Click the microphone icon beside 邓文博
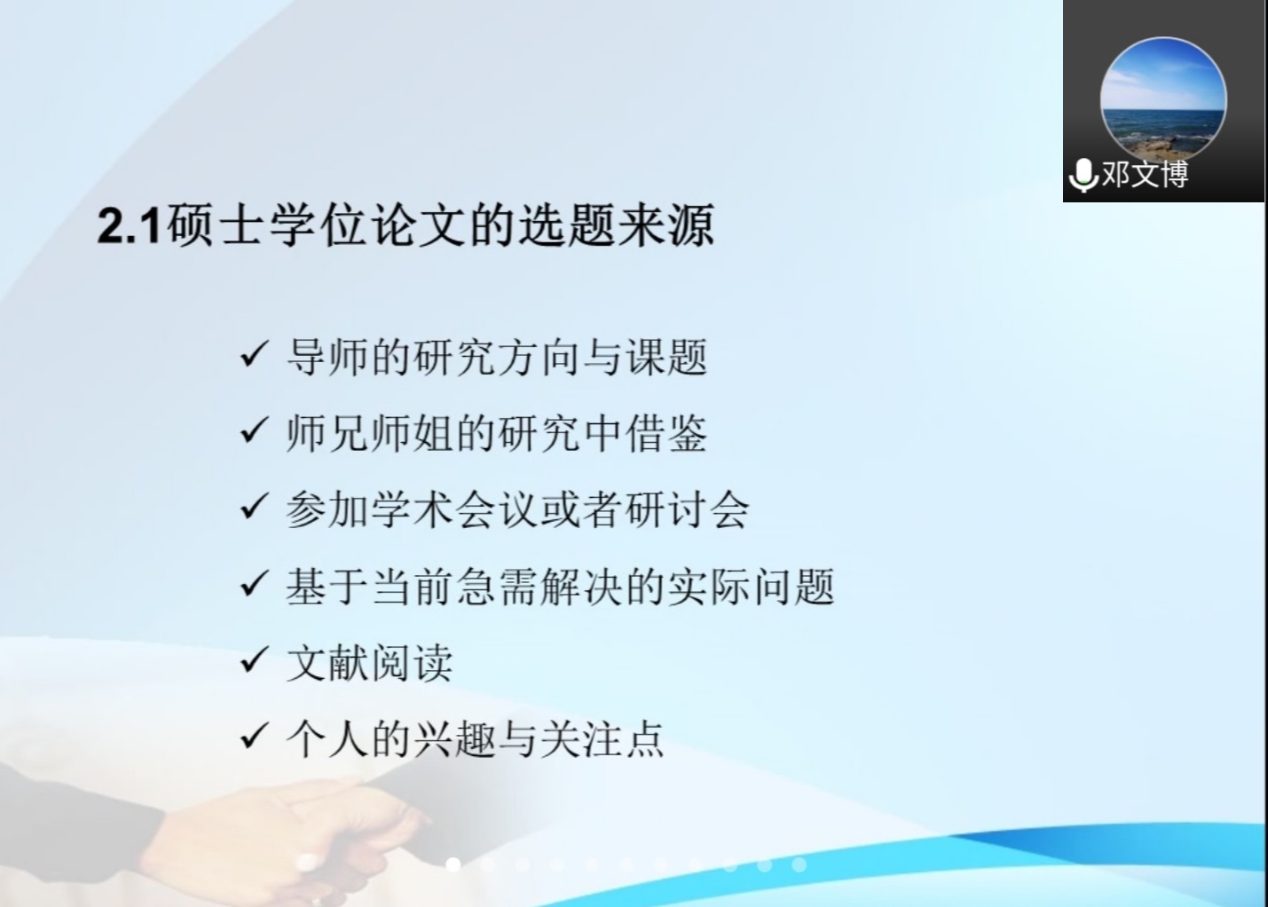tap(1084, 175)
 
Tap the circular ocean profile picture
tap(1163, 100)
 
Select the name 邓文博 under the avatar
tap(1146, 174)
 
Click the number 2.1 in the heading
tap(130, 226)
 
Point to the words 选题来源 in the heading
tap(616, 226)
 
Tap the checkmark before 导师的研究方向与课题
tap(254, 354)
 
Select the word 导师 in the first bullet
tap(328, 358)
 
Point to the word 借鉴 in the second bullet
tap(666, 434)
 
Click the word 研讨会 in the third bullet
tap(687, 509)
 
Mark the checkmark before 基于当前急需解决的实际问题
tap(254, 583)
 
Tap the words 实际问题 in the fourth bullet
tap(752, 587)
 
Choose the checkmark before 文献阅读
tap(254, 659)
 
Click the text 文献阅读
tap(370, 663)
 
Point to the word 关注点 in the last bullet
tap(602, 739)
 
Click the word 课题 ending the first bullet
tap(666, 358)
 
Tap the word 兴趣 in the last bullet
tap(454, 739)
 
